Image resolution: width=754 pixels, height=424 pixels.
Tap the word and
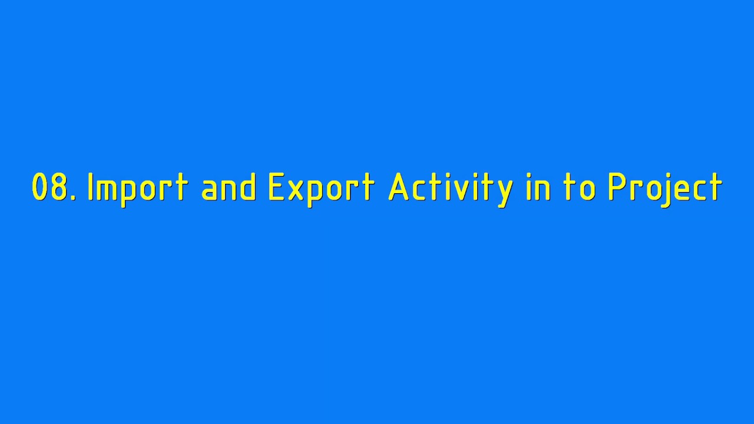pyautogui.click(x=229, y=187)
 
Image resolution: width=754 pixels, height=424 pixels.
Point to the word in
pyautogui.click(x=538, y=187)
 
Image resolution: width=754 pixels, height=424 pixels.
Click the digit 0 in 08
pyautogui.click(x=39, y=187)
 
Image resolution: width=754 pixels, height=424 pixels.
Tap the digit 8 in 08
pyautogui.click(x=59, y=187)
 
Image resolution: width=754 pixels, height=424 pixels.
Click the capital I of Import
pyautogui.click(x=91, y=187)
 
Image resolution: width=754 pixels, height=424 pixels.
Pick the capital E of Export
pyautogui.click(x=275, y=187)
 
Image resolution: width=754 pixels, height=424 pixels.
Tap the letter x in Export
pyautogui.click(x=294, y=190)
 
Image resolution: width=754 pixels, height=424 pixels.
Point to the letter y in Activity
pyautogui.click(x=504, y=192)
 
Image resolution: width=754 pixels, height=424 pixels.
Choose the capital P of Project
pyautogui.click(x=616, y=187)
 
